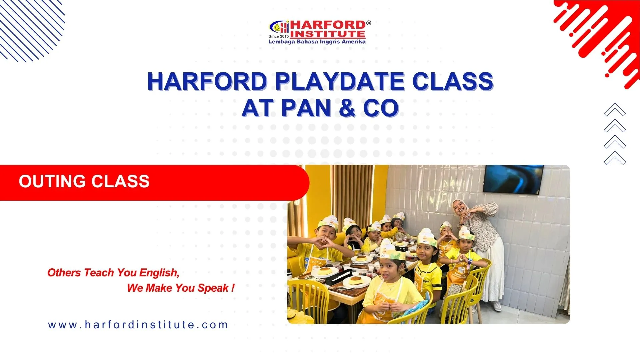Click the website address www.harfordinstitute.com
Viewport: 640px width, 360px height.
138,325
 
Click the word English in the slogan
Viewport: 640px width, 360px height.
159,273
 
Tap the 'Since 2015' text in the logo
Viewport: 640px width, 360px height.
279,36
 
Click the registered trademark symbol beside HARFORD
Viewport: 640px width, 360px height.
368,23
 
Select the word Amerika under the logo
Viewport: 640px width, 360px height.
354,42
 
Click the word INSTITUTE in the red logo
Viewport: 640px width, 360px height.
328,34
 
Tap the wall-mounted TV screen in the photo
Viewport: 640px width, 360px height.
513,179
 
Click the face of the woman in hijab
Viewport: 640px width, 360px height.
459,209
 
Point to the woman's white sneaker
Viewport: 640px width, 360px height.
497,306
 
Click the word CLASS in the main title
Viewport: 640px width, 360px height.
452,82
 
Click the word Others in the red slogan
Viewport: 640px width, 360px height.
64,273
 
